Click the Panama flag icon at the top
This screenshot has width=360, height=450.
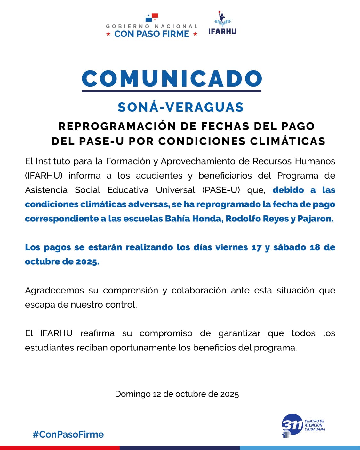click(152, 17)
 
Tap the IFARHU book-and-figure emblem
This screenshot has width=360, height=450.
click(222, 19)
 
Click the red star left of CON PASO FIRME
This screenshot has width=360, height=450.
click(108, 34)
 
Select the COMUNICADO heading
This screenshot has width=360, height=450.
click(172, 79)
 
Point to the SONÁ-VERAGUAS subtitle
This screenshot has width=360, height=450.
click(180, 107)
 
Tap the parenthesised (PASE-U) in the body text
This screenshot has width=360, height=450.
click(221, 190)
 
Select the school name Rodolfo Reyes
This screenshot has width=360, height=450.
click(257, 219)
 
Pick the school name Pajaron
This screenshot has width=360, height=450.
click(315, 219)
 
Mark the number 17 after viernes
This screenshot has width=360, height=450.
click(256, 247)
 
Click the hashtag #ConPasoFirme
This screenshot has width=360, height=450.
click(68, 434)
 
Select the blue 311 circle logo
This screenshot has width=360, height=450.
click(292, 425)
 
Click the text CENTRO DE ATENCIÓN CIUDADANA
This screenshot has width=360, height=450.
click(315, 425)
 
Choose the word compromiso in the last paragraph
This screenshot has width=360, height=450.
click(166, 333)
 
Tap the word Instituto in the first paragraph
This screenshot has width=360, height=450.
click(53, 161)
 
